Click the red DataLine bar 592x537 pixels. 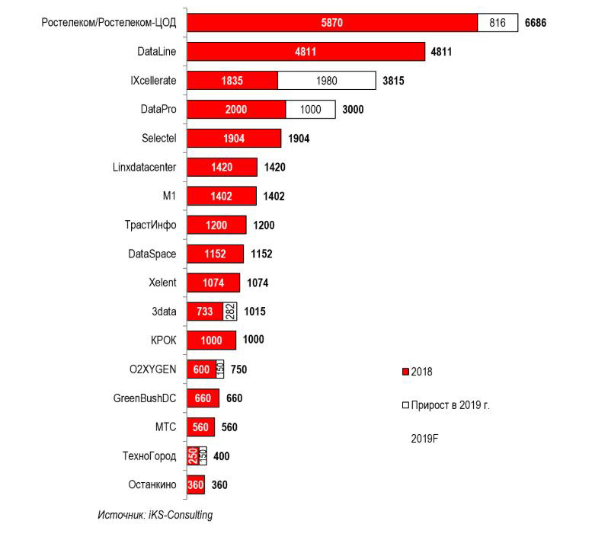(x=306, y=52)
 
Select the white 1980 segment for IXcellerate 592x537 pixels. (x=326, y=81)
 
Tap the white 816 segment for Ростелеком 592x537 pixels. (x=497, y=23)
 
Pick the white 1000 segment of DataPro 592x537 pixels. (x=310, y=110)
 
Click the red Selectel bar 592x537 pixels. (x=234, y=139)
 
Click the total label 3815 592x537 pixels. (x=392, y=81)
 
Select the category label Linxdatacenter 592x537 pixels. (x=144, y=168)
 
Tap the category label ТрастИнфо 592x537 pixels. (x=150, y=225)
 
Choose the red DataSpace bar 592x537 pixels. (x=215, y=254)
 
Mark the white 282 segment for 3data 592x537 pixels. (x=230, y=312)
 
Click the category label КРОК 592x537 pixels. (x=164, y=340)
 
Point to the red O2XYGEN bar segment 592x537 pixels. (x=201, y=369)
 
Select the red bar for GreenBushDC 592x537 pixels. (x=203, y=398)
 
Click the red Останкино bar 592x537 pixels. (x=196, y=485)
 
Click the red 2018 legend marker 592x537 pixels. (x=405, y=372)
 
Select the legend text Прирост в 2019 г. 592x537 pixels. (x=450, y=405)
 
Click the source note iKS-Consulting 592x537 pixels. (x=155, y=515)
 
